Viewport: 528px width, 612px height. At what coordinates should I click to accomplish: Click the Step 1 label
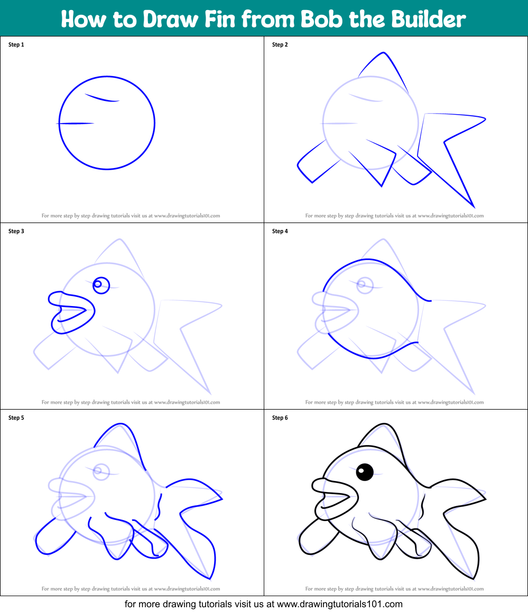point(16,45)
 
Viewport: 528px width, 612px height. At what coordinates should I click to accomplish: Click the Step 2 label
point(280,45)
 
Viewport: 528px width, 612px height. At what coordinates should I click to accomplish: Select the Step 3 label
point(16,231)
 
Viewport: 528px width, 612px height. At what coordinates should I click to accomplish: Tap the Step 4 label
point(280,231)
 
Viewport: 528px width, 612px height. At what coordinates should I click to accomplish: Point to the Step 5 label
point(16,418)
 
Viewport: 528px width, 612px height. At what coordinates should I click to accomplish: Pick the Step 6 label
point(280,418)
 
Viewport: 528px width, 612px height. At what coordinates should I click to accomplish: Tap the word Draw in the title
point(170,19)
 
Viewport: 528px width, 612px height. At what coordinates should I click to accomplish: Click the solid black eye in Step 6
point(365,471)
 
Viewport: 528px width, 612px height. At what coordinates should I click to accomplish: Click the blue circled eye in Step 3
point(100,285)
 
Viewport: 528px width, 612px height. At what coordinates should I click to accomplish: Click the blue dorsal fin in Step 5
point(122,439)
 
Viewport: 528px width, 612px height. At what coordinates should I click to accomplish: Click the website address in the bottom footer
point(340,604)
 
